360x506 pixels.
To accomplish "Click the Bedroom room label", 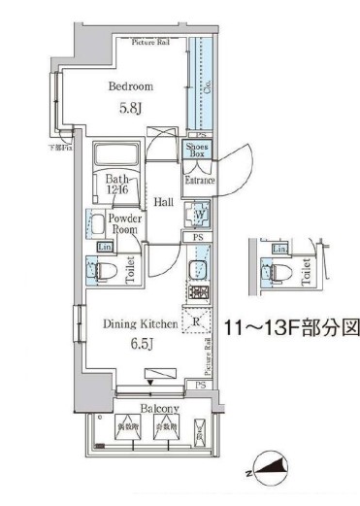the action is pyautogui.click(x=131, y=85).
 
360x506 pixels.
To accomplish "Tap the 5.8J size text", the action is pyautogui.click(x=131, y=109).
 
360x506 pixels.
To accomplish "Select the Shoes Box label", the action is pyautogui.click(x=196, y=151).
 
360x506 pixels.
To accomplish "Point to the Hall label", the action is pyautogui.click(x=163, y=202).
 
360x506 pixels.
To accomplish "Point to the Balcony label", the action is pyautogui.click(x=143, y=409).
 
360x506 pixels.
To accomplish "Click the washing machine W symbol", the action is pyautogui.click(x=199, y=215).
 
